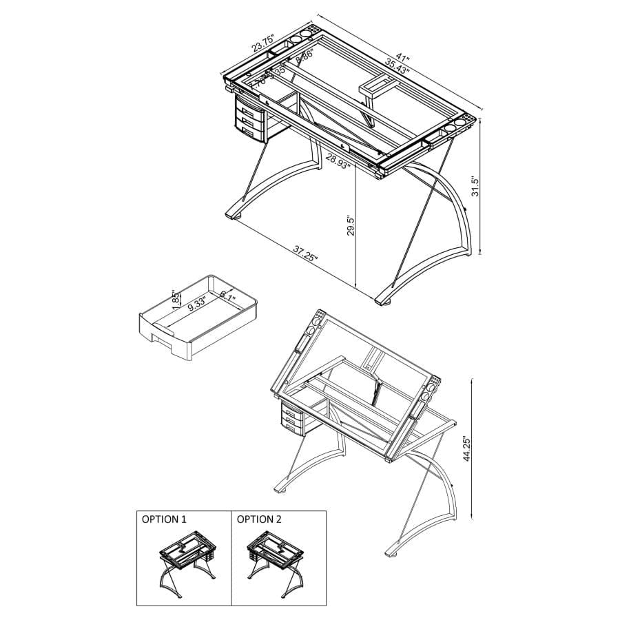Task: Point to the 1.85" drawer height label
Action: [x=175, y=298]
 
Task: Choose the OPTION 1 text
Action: [x=164, y=519]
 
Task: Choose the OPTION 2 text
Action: [x=259, y=519]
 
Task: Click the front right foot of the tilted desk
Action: [x=393, y=551]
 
